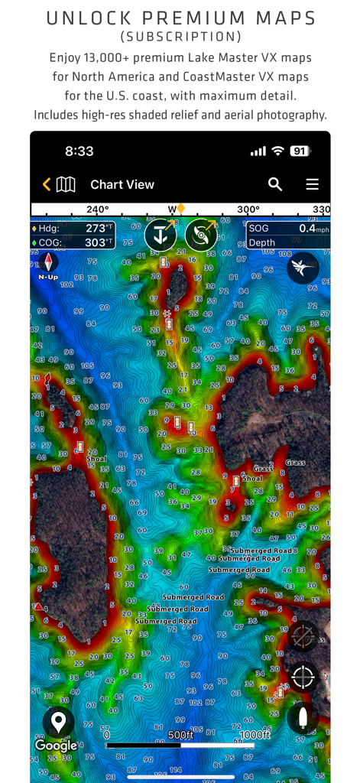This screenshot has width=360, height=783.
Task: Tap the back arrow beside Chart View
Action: (47, 184)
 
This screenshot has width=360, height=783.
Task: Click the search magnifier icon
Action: (275, 184)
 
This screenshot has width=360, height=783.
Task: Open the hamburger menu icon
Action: (312, 184)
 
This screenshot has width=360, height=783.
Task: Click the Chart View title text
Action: (122, 184)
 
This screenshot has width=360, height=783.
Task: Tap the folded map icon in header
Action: (66, 184)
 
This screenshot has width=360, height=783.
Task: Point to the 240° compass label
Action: (97, 210)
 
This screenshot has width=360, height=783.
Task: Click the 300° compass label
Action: (248, 210)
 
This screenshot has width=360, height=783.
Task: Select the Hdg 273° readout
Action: (73, 229)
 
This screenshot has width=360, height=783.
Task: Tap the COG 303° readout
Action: (73, 242)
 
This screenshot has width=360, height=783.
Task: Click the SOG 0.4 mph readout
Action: (288, 229)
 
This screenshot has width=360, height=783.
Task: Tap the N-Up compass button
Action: (48, 265)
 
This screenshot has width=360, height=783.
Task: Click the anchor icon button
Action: (161, 235)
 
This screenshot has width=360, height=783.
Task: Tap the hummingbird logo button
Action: (303, 267)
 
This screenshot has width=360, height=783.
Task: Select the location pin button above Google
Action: (58, 721)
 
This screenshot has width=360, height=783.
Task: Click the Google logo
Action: (56, 746)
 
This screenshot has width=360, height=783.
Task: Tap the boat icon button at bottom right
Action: (303, 719)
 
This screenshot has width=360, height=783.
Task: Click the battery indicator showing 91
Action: (299, 151)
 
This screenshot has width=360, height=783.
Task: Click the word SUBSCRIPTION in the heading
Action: (180, 36)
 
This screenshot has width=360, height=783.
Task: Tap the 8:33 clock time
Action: (79, 151)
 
